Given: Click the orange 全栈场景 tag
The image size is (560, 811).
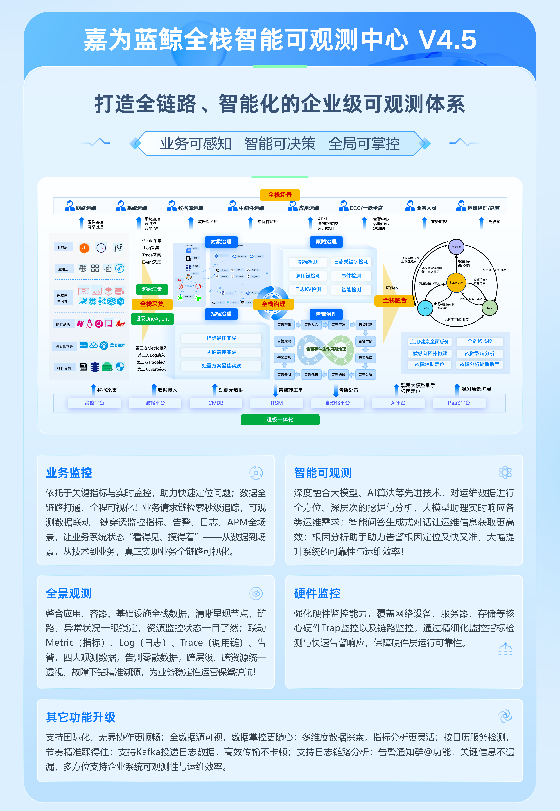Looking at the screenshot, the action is click(x=280, y=195).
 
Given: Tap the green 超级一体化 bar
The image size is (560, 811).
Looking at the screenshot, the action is click(x=280, y=419).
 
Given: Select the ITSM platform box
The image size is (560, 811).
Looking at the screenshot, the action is click(x=277, y=403).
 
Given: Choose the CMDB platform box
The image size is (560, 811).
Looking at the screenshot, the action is click(x=216, y=403).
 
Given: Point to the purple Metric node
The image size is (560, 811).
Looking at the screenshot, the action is click(x=456, y=247).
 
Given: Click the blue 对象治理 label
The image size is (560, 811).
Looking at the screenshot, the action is click(x=221, y=242).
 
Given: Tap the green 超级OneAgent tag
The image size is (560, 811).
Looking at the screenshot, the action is click(x=152, y=319).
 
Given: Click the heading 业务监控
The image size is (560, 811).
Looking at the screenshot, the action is click(x=69, y=473).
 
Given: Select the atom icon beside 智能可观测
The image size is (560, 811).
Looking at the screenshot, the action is click(x=505, y=473).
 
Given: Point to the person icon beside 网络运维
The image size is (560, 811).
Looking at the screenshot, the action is click(x=69, y=206).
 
